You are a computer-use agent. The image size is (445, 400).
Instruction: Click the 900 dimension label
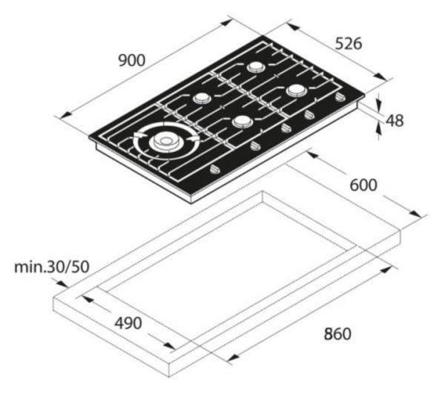pyautogui.click(x=132, y=60)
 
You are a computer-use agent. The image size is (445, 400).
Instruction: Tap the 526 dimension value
pyautogui.click(x=349, y=44)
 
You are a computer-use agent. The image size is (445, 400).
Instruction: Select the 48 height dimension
pyautogui.click(x=395, y=120)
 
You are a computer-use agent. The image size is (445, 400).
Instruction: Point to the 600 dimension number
pyautogui.click(x=363, y=185)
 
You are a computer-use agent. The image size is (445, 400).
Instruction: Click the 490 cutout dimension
pyautogui.click(x=128, y=323)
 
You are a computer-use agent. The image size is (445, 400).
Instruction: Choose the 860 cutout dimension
pyautogui.click(x=337, y=334)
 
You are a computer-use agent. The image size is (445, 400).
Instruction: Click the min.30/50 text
pyautogui.click(x=52, y=267)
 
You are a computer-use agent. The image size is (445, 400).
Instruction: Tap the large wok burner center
pyautogui.click(x=165, y=141)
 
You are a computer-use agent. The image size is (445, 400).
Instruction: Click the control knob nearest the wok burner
pyautogui.click(x=215, y=170)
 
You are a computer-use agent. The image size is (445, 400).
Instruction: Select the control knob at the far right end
pyautogui.click(x=340, y=97)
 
